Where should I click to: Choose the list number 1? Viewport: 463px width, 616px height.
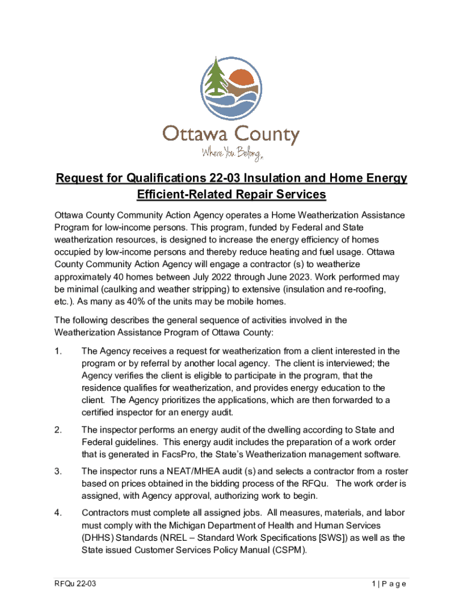58,351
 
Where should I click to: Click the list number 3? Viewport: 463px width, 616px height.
58,471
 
